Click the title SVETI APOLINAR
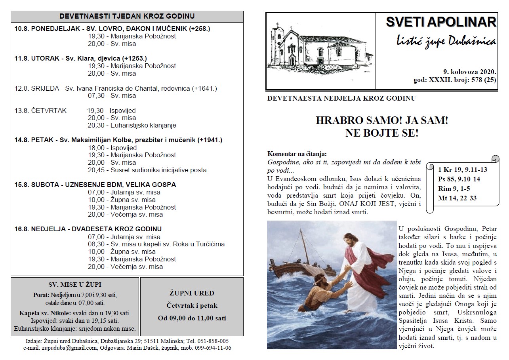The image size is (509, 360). (440, 22)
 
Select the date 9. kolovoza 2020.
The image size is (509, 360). (469, 72)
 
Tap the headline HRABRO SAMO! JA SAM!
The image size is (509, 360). (382, 121)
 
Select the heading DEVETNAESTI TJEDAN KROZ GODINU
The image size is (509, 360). (127, 16)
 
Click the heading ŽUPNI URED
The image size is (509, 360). (192, 293)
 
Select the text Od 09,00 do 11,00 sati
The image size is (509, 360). (192, 318)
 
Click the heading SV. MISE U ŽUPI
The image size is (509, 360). (75, 285)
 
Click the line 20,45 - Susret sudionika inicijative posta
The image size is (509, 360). (147, 170)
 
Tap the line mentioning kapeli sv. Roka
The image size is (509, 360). (156, 244)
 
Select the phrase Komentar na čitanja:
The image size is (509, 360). (297, 154)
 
